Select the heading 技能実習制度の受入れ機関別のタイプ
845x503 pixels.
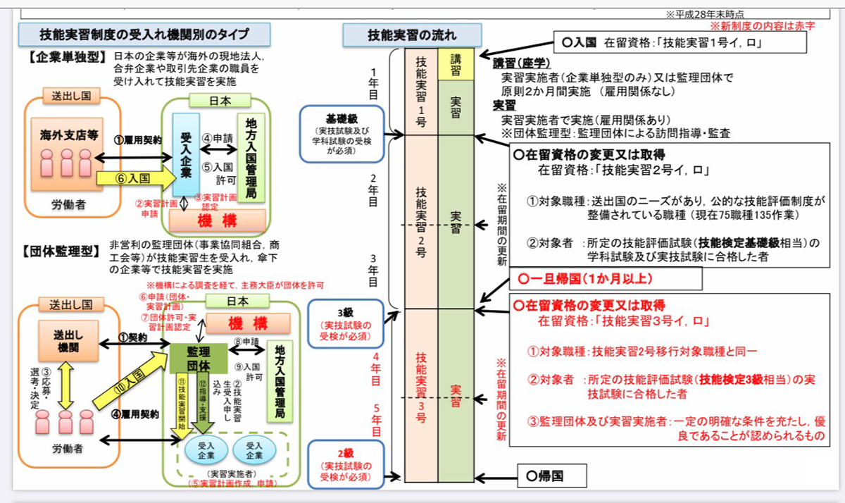click(x=144, y=33)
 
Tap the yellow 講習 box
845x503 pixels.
click(x=456, y=64)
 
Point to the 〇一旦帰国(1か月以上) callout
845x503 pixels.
click(x=606, y=278)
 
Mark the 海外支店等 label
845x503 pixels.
click(x=67, y=133)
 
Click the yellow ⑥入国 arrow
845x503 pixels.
click(x=134, y=179)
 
